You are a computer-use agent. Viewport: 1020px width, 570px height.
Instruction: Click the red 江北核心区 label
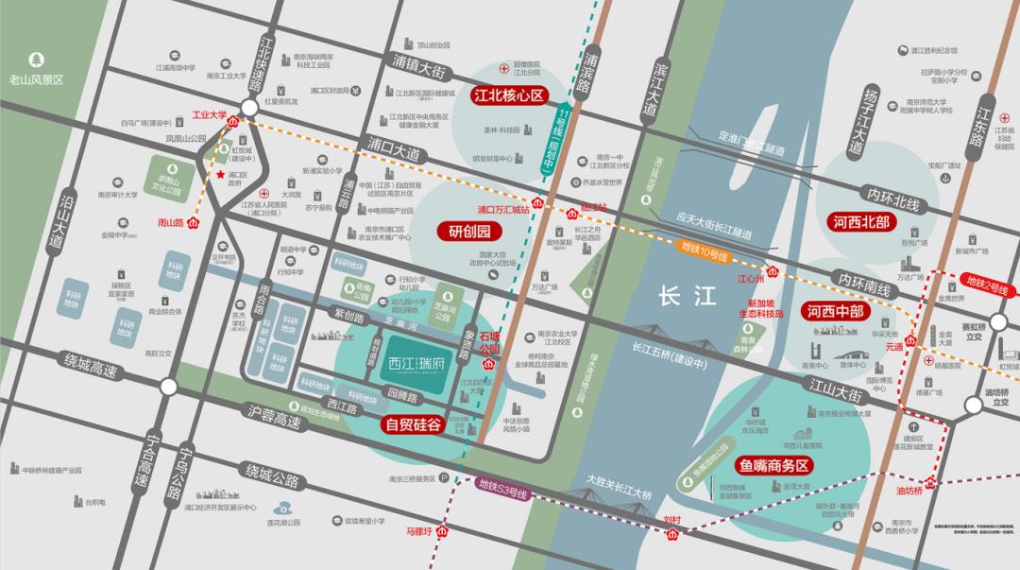point(510,95)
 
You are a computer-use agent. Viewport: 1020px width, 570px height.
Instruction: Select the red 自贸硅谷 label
point(413,425)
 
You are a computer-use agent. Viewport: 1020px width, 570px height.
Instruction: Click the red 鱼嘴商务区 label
point(773,466)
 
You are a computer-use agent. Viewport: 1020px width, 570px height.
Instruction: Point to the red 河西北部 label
point(861,224)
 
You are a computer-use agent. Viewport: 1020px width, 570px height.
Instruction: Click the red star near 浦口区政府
point(221,175)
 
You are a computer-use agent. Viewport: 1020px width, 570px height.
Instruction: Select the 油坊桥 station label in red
point(909,490)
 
